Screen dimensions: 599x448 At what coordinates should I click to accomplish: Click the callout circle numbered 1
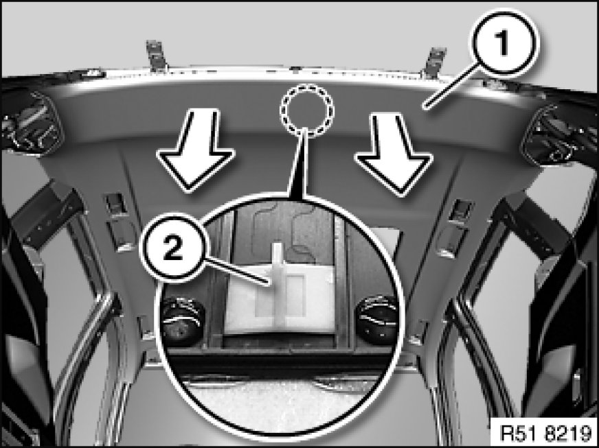pos(504,43)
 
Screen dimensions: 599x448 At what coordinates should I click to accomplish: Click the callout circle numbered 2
pos(173,249)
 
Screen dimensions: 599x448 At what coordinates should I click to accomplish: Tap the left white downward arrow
pos(196,150)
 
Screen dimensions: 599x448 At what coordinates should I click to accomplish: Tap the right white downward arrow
pos(394,154)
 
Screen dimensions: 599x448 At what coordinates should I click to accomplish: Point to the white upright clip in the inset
pos(278,285)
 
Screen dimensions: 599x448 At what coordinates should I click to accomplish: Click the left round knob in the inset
pos(182,320)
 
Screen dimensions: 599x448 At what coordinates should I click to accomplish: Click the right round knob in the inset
pos(376,320)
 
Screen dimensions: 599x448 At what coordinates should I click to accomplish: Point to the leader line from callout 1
pos(452,86)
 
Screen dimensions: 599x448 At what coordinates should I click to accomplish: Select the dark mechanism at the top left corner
pos(30,122)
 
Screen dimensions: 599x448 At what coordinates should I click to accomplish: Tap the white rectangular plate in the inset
pos(281,300)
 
